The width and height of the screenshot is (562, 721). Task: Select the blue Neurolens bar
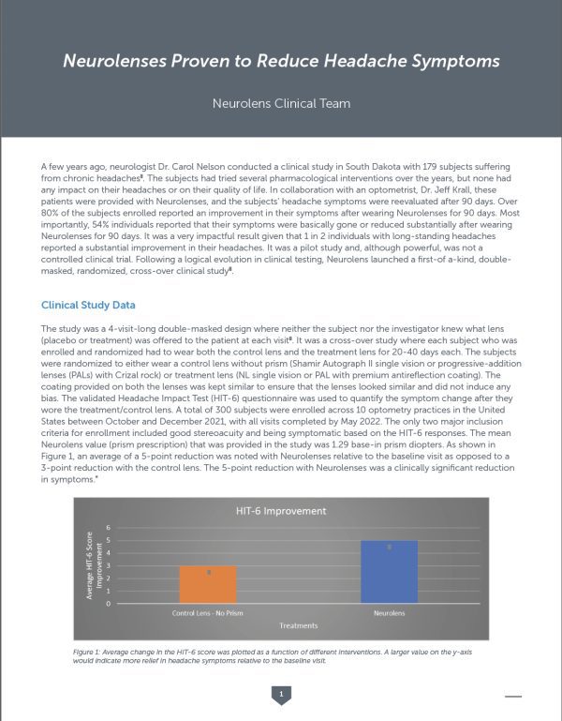click(389, 572)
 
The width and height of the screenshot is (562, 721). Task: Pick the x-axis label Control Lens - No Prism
click(208, 613)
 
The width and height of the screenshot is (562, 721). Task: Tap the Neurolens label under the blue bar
click(389, 613)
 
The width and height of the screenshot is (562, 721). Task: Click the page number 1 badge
click(280, 694)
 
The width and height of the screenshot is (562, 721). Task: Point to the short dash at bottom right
click(513, 696)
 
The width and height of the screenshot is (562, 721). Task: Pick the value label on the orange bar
click(210, 571)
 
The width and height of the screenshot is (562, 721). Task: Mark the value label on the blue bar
click(389, 546)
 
